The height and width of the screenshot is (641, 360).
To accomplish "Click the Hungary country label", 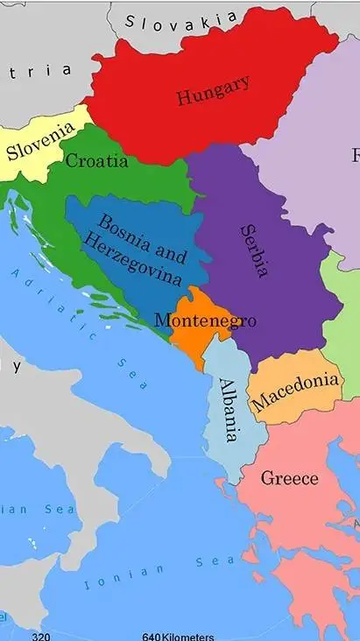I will coord(213,90).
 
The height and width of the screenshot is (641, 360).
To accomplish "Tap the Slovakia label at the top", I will coord(181,19).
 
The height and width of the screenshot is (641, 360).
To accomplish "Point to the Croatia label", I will coord(96,161).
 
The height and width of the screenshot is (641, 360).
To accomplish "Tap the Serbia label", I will coord(254,250).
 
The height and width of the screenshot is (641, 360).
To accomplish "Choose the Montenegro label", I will coord(205,320).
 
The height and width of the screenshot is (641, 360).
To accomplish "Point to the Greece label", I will coord(289,479).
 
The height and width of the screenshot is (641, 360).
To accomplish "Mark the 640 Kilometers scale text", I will coord(178,635).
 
